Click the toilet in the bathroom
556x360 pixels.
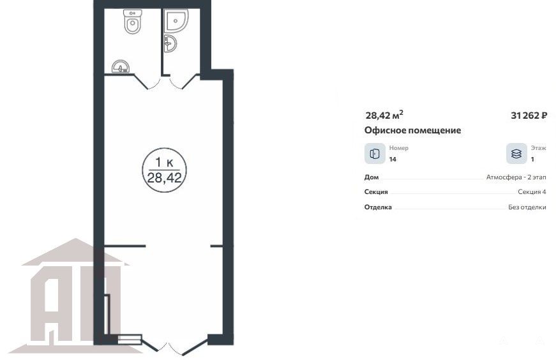pos(133,21)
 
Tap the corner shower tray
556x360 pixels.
pos(176,20)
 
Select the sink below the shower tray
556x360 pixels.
pos(170,44)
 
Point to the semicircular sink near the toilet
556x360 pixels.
pos(121,66)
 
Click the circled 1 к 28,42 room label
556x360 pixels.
pos(164,170)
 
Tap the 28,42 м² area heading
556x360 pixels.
pos(384,115)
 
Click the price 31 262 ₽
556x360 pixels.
pos(529,116)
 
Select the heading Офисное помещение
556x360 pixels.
pos(412,130)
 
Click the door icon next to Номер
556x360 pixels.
pos(375,154)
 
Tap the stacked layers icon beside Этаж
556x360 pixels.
pos(516,154)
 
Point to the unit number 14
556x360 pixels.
pos(393,159)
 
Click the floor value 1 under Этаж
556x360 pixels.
pos(532,159)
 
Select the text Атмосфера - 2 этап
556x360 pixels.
pos(516,177)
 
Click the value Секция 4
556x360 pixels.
pos(532,192)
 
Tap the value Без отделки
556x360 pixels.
pos(527,207)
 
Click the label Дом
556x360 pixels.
pos(372,177)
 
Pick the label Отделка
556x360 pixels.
pos(378,207)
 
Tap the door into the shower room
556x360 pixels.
pos(184,83)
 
